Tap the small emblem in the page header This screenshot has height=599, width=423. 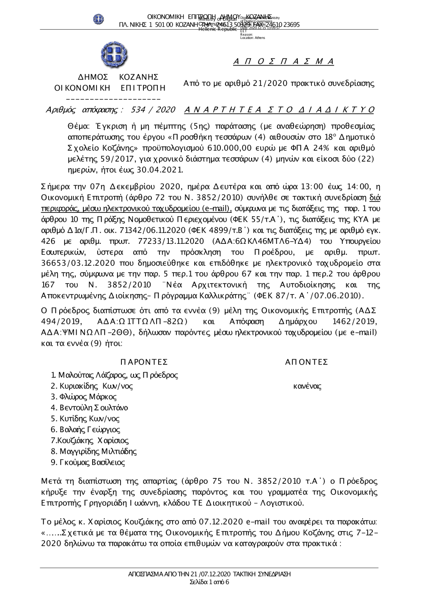pyautogui.click(x=99, y=19)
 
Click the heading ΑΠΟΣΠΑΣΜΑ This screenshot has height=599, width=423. pyautogui.click(x=283, y=62)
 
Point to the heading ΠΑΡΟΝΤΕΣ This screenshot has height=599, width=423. pyautogui.click(x=144, y=362)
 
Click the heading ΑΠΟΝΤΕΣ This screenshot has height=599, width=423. pyautogui.click(x=307, y=362)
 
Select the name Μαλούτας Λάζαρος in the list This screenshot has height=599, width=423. pyautogui.click(x=93, y=375)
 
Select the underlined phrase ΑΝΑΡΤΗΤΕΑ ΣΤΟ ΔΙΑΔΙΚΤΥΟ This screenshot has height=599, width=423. pyautogui.click(x=280, y=110)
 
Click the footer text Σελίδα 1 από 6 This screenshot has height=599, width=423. pyautogui.click(x=210, y=582)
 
